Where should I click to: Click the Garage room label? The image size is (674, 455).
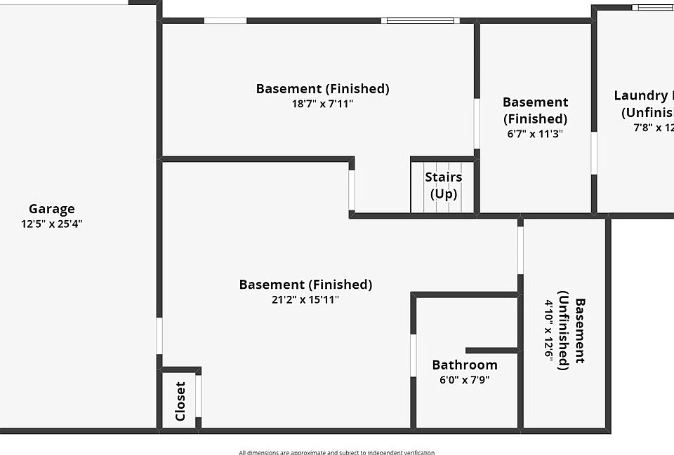[51, 209]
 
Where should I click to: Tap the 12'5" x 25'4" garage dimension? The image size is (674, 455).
[51, 224]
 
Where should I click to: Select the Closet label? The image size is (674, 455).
[180, 401]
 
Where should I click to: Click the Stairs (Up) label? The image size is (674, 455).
[443, 185]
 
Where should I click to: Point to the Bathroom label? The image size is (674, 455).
[464, 365]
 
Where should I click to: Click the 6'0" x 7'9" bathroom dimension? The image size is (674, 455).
[464, 380]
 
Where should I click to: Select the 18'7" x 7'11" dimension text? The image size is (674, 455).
[322, 104]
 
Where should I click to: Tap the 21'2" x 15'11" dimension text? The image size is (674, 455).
[305, 299]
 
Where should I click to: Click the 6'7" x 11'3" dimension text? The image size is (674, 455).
[535, 133]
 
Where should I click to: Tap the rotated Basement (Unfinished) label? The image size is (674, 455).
[571, 330]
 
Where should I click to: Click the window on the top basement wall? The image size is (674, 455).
[421, 20]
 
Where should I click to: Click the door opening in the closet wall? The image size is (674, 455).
[198, 396]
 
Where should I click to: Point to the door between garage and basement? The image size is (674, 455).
[159, 336]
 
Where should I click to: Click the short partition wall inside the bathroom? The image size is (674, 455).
[491, 351]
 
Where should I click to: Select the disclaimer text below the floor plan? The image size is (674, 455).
[336, 452]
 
